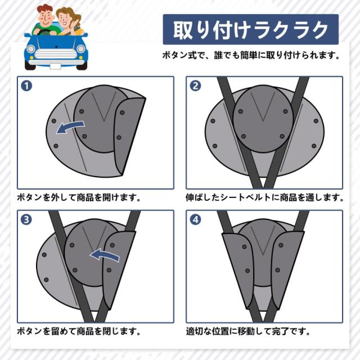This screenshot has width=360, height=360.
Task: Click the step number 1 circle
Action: [x=26, y=86]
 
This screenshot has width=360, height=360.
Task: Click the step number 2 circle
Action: [x=195, y=86]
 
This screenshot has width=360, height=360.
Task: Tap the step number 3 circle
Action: [x=26, y=220]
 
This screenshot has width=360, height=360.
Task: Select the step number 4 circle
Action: [x=195, y=220]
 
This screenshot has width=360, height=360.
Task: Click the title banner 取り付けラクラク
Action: [x=251, y=29]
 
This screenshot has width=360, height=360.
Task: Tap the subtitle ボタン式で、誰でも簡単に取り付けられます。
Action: [x=251, y=55]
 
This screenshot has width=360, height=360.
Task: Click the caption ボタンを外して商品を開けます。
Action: [x=79, y=197]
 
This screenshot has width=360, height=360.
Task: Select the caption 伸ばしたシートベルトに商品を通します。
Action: [x=265, y=197]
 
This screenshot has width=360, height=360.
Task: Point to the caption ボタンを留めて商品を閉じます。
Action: [x=79, y=331]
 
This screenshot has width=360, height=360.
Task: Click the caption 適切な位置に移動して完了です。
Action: [x=248, y=331]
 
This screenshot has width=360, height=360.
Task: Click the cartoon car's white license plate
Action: [x=55, y=66]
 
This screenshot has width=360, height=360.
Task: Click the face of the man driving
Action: [x=46, y=18]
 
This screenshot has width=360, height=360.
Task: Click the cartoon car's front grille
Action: [x=56, y=54]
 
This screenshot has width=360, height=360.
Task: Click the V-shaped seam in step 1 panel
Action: [x=103, y=106]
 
